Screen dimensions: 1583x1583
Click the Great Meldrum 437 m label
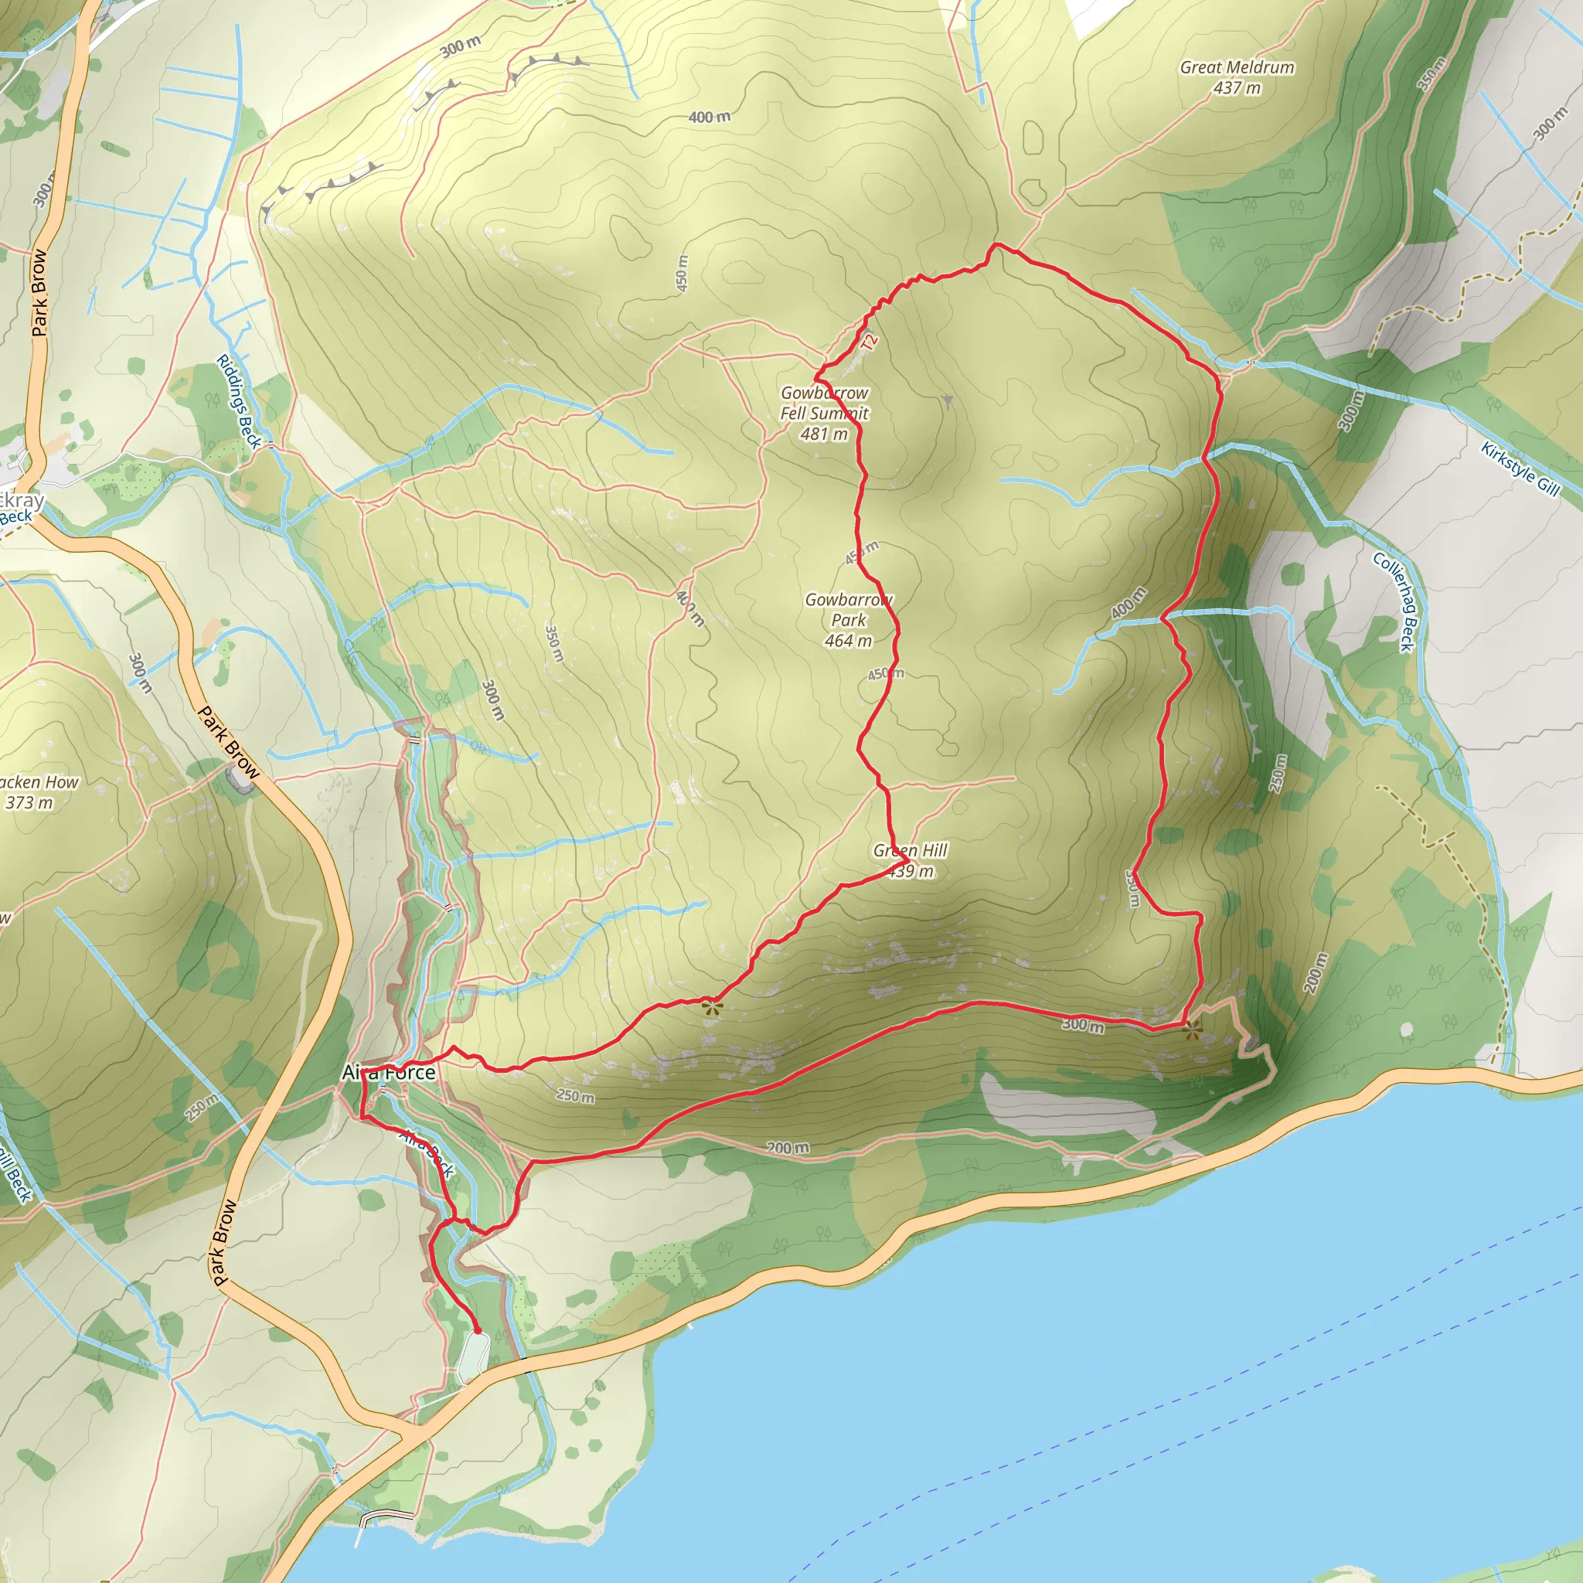pos(1237,78)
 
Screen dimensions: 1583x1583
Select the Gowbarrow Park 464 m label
pos(848,620)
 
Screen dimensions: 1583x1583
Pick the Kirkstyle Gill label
pos(1520,468)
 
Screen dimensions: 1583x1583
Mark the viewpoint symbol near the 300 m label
pos(1193,1030)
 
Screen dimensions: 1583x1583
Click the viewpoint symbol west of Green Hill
pos(712,1007)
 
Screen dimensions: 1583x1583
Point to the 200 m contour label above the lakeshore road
pos(788,1149)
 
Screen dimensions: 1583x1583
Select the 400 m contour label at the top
pos(709,117)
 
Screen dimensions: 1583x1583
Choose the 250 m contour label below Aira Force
pos(575,1096)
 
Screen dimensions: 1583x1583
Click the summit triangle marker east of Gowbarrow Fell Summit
pos(947,400)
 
